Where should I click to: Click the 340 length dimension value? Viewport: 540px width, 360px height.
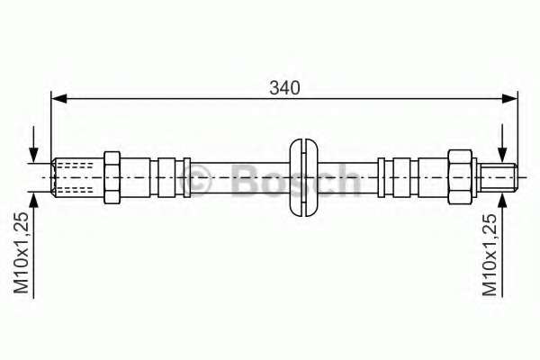click(x=284, y=88)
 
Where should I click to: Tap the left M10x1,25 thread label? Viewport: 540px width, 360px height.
click(x=21, y=253)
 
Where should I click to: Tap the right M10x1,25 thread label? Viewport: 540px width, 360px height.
click(x=490, y=256)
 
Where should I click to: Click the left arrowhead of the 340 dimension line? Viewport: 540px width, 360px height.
click(x=58, y=99)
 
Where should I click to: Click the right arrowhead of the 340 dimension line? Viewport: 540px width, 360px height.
click(x=510, y=99)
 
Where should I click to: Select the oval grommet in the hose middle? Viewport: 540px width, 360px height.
click(x=303, y=178)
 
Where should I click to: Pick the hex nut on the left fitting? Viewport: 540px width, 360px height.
click(x=112, y=177)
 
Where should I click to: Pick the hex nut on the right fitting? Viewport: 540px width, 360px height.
click(x=460, y=177)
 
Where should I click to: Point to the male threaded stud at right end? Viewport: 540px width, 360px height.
click(x=499, y=177)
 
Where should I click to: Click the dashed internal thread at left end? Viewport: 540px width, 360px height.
click(x=75, y=177)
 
